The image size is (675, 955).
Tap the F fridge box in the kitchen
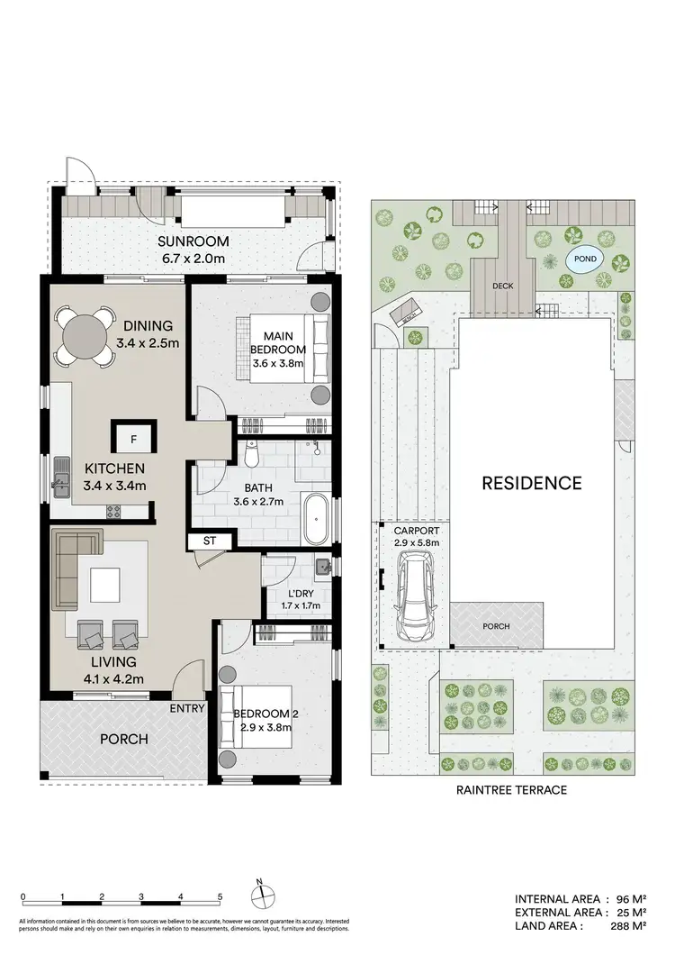tap(133, 441)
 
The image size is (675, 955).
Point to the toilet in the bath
tap(253, 456)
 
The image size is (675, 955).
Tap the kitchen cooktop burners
tap(115, 512)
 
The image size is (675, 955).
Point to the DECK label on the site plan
tap(503, 286)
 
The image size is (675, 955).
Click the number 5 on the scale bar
tap(220, 896)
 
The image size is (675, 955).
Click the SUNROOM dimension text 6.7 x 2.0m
tap(193, 259)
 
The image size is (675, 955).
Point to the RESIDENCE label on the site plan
tap(531, 482)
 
